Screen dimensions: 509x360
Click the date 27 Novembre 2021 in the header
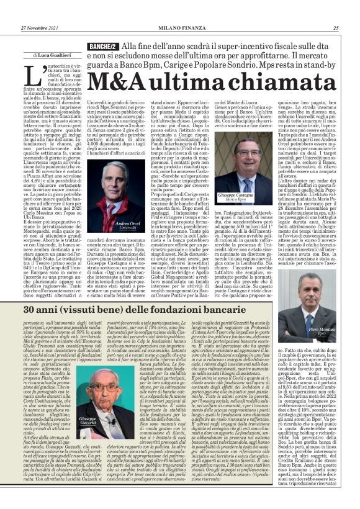[39, 28]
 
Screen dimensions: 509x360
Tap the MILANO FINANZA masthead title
[179, 28]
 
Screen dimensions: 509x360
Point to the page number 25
[335, 28]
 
